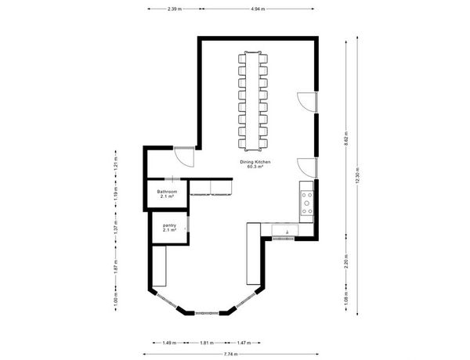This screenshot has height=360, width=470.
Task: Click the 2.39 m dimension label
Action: coord(175,9)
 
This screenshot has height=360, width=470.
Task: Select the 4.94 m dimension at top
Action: coord(258,9)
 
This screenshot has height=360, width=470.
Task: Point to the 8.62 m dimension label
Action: coord(346,139)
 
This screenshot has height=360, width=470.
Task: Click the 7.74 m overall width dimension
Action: coord(231,355)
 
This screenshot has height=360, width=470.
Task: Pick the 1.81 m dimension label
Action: coord(207,343)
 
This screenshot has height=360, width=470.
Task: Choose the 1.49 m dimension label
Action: coord(169,343)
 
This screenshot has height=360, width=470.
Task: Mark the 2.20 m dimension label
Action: coord(346,261)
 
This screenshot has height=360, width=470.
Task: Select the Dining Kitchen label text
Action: coord(255,162)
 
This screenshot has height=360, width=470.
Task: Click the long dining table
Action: coord(252,101)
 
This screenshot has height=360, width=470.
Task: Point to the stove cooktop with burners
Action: coord(307,203)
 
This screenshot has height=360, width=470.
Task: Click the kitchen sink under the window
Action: coord(285,231)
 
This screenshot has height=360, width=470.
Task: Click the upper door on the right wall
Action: coord(306,103)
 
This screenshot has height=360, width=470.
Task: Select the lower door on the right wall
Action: coord(306,168)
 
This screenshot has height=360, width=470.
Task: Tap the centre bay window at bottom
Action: coord(207,313)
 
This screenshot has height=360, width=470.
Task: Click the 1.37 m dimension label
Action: coord(116,227)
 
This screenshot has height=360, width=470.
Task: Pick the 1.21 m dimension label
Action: coord(116,164)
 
